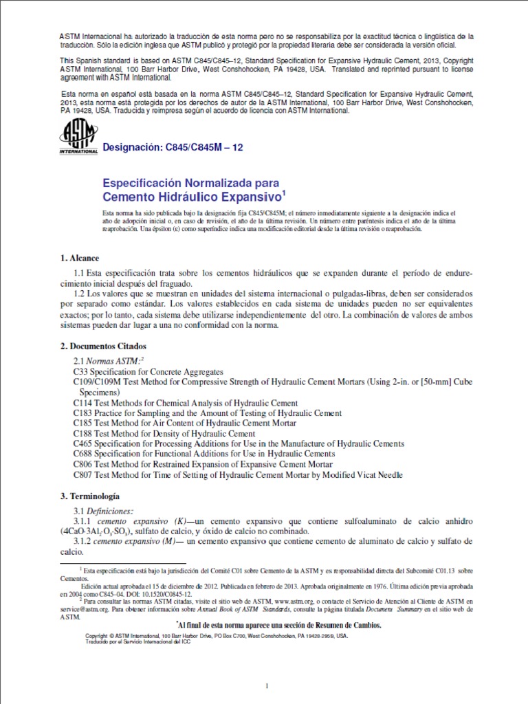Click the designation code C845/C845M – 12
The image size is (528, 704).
pos(172,146)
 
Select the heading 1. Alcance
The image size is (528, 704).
pos(80,258)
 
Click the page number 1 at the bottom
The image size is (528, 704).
pos(265,668)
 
